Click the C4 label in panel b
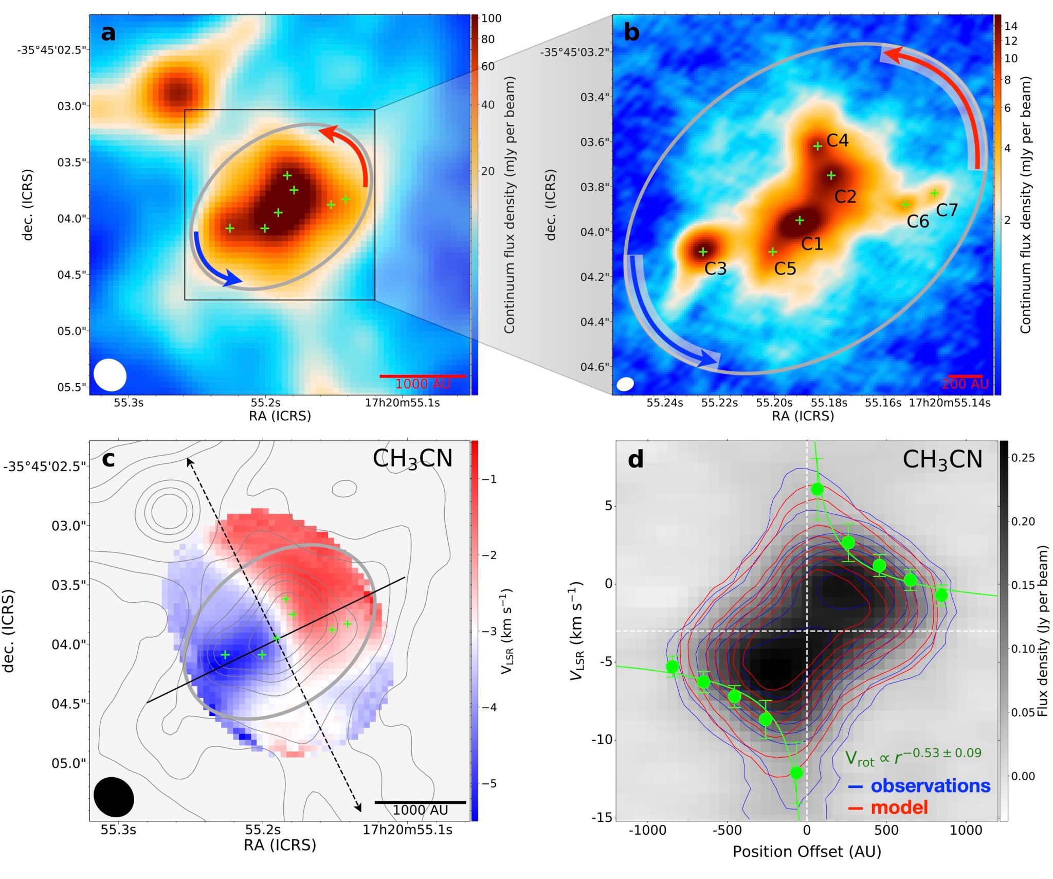point(838,140)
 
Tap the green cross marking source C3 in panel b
point(703,252)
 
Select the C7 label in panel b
point(947,210)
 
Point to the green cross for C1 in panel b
point(800,221)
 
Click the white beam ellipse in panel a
point(110,375)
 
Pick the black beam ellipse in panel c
point(114,797)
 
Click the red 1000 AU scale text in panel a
point(423,384)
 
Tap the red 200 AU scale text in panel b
point(965,384)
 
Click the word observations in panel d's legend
point(930,785)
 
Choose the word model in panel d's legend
point(899,808)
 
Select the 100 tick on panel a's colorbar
point(491,19)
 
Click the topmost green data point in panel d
point(817,489)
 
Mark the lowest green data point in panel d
point(796,773)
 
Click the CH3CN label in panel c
point(412,459)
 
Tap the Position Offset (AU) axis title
point(807,852)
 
